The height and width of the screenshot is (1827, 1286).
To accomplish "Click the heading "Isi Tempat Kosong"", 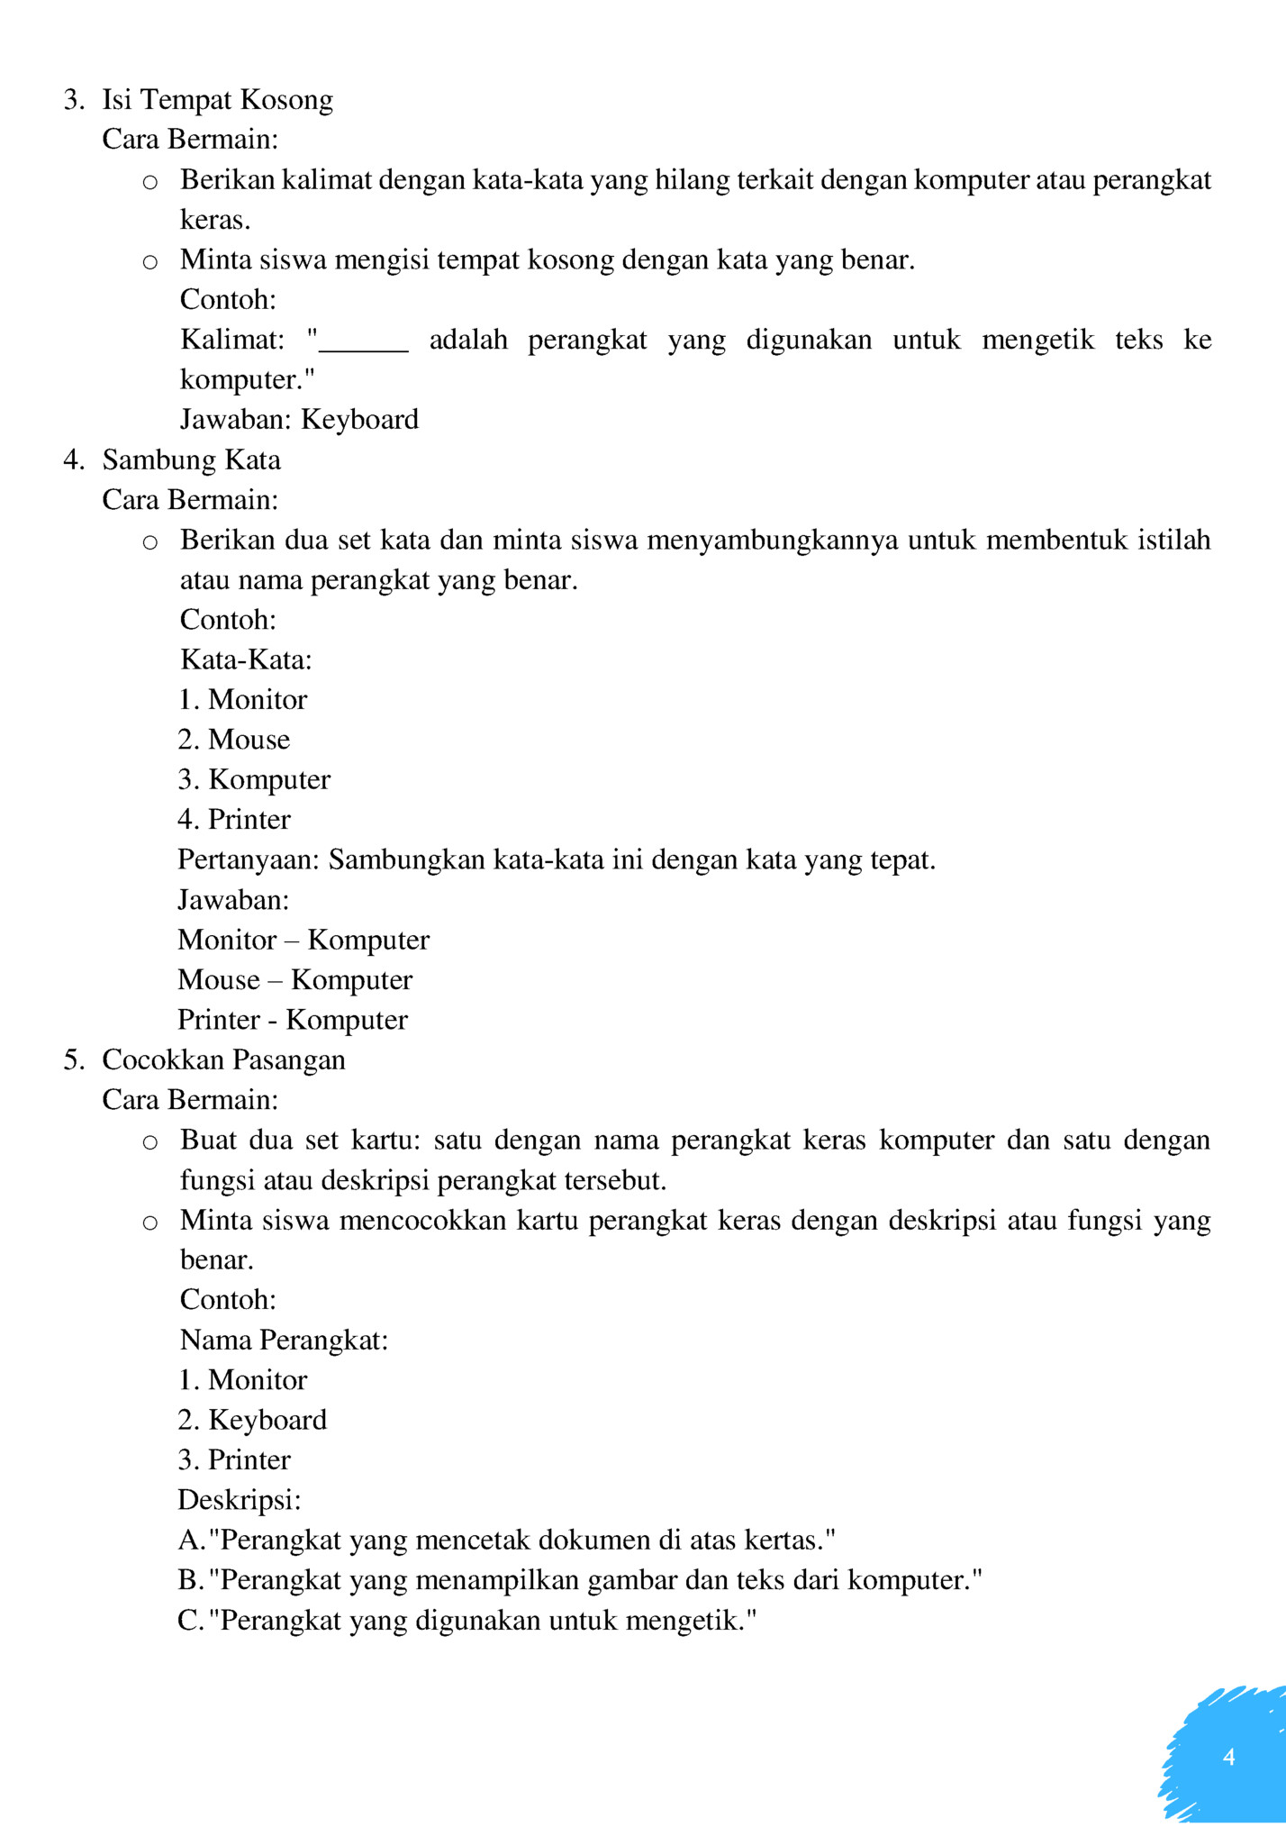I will pyautogui.click(x=217, y=99).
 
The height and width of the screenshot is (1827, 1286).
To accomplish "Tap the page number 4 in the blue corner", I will pyautogui.click(x=1228, y=1757).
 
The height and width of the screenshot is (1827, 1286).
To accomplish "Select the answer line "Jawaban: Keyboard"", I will pyautogui.click(x=299, y=420).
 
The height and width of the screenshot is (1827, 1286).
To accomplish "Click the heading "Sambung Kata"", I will pyautogui.click(x=191, y=460).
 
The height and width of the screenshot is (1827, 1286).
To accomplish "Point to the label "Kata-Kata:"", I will pyautogui.click(x=246, y=660).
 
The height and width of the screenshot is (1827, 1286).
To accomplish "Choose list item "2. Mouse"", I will pyautogui.click(x=234, y=740).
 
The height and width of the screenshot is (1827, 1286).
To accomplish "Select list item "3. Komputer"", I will pyautogui.click(x=254, y=780).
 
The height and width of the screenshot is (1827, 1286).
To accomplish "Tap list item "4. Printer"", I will pyautogui.click(x=234, y=820).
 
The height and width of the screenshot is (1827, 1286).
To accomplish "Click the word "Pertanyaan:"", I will pyautogui.click(x=249, y=860).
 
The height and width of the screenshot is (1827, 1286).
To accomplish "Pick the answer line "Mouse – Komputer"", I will pyautogui.click(x=294, y=980).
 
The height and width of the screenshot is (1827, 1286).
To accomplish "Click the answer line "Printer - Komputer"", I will pyautogui.click(x=293, y=1020).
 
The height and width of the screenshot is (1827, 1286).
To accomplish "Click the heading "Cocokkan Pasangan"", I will pyautogui.click(x=223, y=1060).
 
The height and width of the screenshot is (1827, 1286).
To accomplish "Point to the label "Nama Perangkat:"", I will pyautogui.click(x=284, y=1341).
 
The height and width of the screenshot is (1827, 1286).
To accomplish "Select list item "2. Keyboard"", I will pyautogui.click(x=252, y=1421).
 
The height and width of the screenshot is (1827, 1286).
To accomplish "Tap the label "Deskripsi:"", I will pyautogui.click(x=240, y=1500).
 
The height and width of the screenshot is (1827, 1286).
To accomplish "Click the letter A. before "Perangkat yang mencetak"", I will pyautogui.click(x=191, y=1541).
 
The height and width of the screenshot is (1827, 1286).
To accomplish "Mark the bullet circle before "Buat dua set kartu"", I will pyautogui.click(x=150, y=1143).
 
